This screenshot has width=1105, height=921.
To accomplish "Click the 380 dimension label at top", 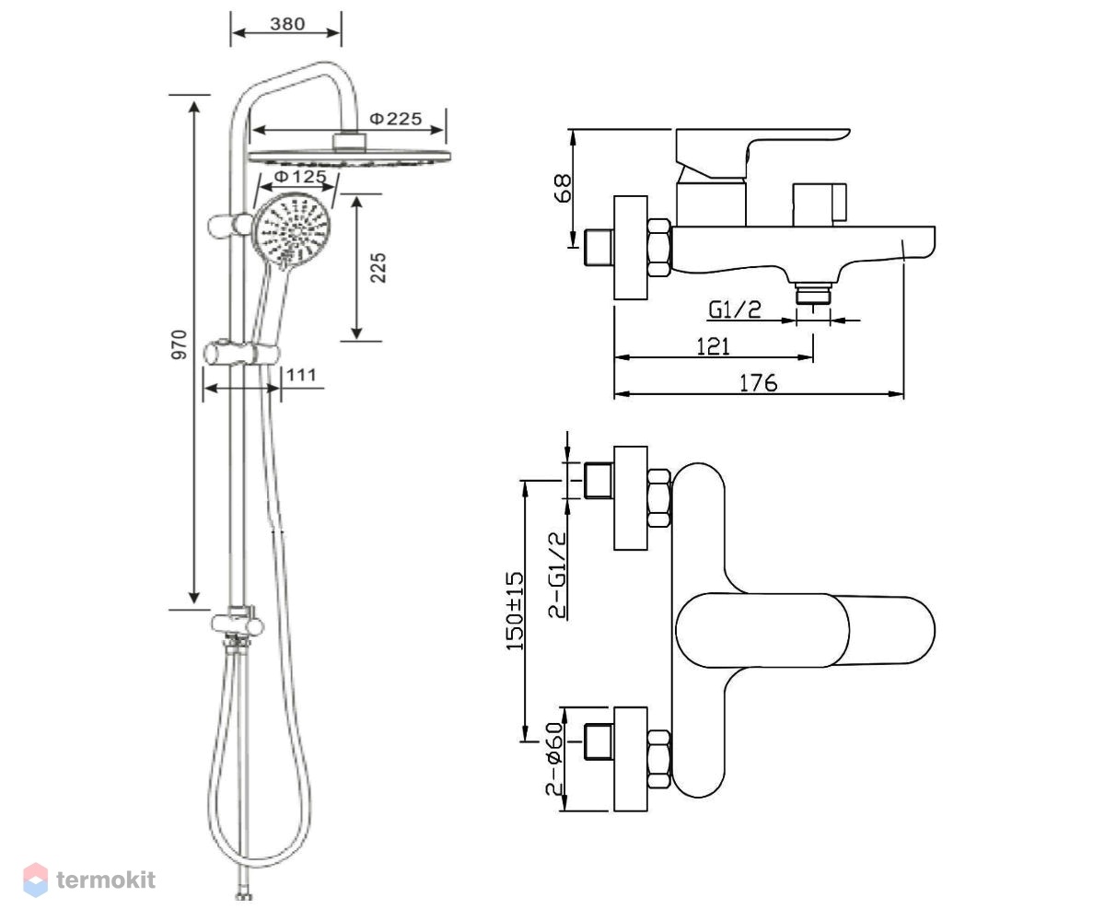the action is [x=286, y=24].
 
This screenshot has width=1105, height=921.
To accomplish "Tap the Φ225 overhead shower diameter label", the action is [x=396, y=119].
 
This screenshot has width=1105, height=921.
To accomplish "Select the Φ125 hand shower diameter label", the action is [x=300, y=176].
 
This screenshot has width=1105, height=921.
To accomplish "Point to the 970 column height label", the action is [x=180, y=344].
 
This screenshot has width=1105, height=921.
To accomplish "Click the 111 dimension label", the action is [x=301, y=375].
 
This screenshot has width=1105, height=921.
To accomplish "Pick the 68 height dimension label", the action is [x=563, y=188].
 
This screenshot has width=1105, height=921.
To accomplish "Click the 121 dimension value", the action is [x=713, y=346].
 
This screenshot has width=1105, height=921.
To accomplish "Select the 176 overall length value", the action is [x=758, y=383].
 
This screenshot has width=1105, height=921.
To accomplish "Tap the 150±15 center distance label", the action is [x=515, y=611].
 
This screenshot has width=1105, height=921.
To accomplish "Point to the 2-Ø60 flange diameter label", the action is [x=554, y=758].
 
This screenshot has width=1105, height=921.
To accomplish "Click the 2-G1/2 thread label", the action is [x=557, y=576].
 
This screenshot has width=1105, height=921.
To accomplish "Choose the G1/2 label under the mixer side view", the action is [x=735, y=309].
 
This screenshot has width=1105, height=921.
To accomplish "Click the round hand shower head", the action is [x=292, y=231].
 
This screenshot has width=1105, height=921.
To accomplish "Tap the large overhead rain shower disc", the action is [x=349, y=157].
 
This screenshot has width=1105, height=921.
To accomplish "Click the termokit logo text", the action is [x=106, y=880].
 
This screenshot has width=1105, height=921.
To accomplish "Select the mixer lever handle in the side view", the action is [x=762, y=153].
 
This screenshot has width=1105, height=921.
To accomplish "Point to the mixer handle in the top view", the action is [x=805, y=630].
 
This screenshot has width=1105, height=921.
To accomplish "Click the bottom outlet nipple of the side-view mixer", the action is [x=813, y=294].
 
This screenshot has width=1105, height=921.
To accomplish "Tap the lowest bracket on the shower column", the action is [x=237, y=624].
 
